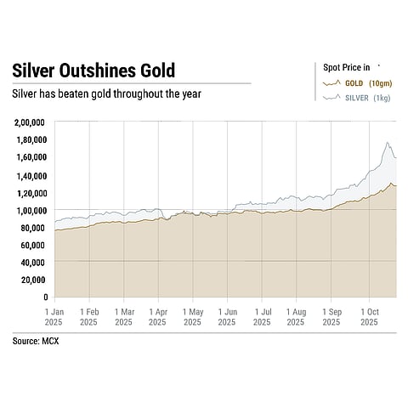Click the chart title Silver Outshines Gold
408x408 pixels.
pyautogui.click(x=93, y=71)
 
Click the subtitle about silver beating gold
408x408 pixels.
pyautogui.click(x=106, y=93)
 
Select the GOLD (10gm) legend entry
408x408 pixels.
pyautogui.click(x=359, y=82)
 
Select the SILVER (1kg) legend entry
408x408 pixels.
pyautogui.click(x=359, y=99)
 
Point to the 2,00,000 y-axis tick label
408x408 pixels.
pyautogui.click(x=30, y=122)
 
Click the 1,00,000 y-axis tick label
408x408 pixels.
pyautogui.click(x=30, y=210)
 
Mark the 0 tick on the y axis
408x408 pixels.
pyautogui.click(x=44, y=297)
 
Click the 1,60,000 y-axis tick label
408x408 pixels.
pyautogui.click(x=30, y=157)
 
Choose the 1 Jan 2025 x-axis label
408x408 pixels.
pyautogui.click(x=54, y=317)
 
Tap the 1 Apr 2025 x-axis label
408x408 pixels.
pyautogui.click(x=157, y=317)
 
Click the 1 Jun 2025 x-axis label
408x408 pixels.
pyautogui.click(x=227, y=317)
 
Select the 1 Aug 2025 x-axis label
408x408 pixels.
pyautogui.click(x=296, y=317)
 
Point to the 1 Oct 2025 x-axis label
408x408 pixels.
pyautogui.click(x=369, y=317)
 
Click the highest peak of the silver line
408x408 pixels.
pyautogui.click(x=388, y=143)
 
